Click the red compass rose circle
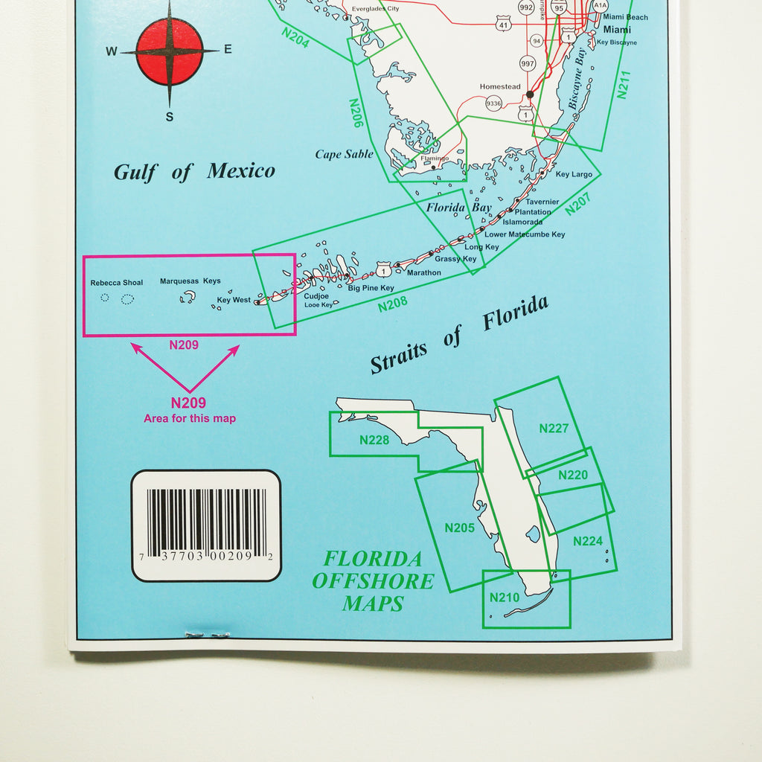(170, 51)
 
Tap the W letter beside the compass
(112, 51)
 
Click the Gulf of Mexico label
(194, 172)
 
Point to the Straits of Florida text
(460, 334)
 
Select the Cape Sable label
(344, 155)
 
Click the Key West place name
(234, 300)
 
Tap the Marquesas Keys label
(190, 281)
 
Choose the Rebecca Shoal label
(117, 283)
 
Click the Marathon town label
(423, 272)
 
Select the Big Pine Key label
(371, 287)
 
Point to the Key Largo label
(574, 174)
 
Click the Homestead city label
(500, 86)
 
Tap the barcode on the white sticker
(206, 522)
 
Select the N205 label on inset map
(459, 528)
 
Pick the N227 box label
(554, 428)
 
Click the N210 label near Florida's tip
(504, 598)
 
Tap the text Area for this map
(190, 419)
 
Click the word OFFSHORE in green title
(373, 581)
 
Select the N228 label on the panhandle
(374, 440)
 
